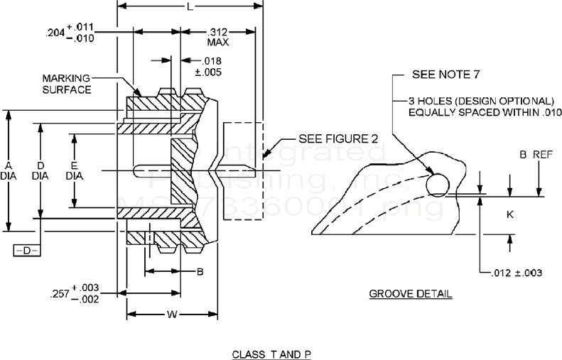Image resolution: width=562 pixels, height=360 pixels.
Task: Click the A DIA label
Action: (8, 168)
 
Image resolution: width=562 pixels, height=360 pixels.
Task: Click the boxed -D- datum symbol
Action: (27, 250)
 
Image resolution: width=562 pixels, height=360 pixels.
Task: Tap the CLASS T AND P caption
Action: (272, 353)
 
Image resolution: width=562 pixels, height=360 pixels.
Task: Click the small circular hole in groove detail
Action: (438, 183)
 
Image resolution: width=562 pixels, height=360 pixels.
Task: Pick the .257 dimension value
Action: (63, 293)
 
